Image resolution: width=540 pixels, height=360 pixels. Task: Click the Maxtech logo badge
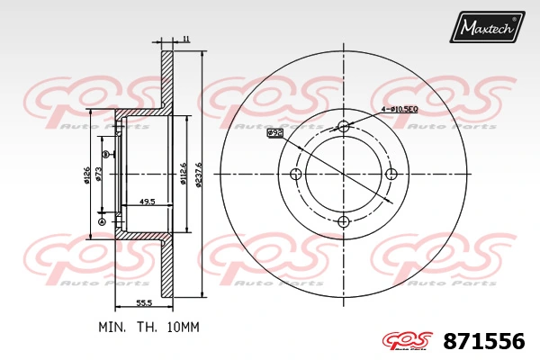[487, 28]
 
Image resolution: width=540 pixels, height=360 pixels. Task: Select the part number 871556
[483, 341]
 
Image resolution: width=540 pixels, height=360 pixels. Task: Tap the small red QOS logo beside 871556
[409, 341]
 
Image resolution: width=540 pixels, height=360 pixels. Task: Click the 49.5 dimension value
[148, 202]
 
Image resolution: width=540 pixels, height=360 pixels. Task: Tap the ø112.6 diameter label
[184, 174]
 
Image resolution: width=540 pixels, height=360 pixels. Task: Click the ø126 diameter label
[87, 175]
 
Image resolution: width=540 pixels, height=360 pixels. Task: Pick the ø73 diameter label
[99, 174]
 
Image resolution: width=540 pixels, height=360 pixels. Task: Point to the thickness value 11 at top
[185, 39]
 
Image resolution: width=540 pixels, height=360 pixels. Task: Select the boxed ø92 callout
[275, 132]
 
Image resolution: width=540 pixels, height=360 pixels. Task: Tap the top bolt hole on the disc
[343, 126]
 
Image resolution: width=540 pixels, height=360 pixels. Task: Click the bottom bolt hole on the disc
[343, 222]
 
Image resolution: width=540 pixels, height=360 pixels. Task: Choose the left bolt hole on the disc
[295, 174]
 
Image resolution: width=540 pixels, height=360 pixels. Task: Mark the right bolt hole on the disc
[391, 174]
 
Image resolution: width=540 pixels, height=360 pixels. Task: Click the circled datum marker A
[102, 222]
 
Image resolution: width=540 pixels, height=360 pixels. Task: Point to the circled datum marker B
[105, 155]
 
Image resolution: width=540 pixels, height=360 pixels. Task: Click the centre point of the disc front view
[343, 174]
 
